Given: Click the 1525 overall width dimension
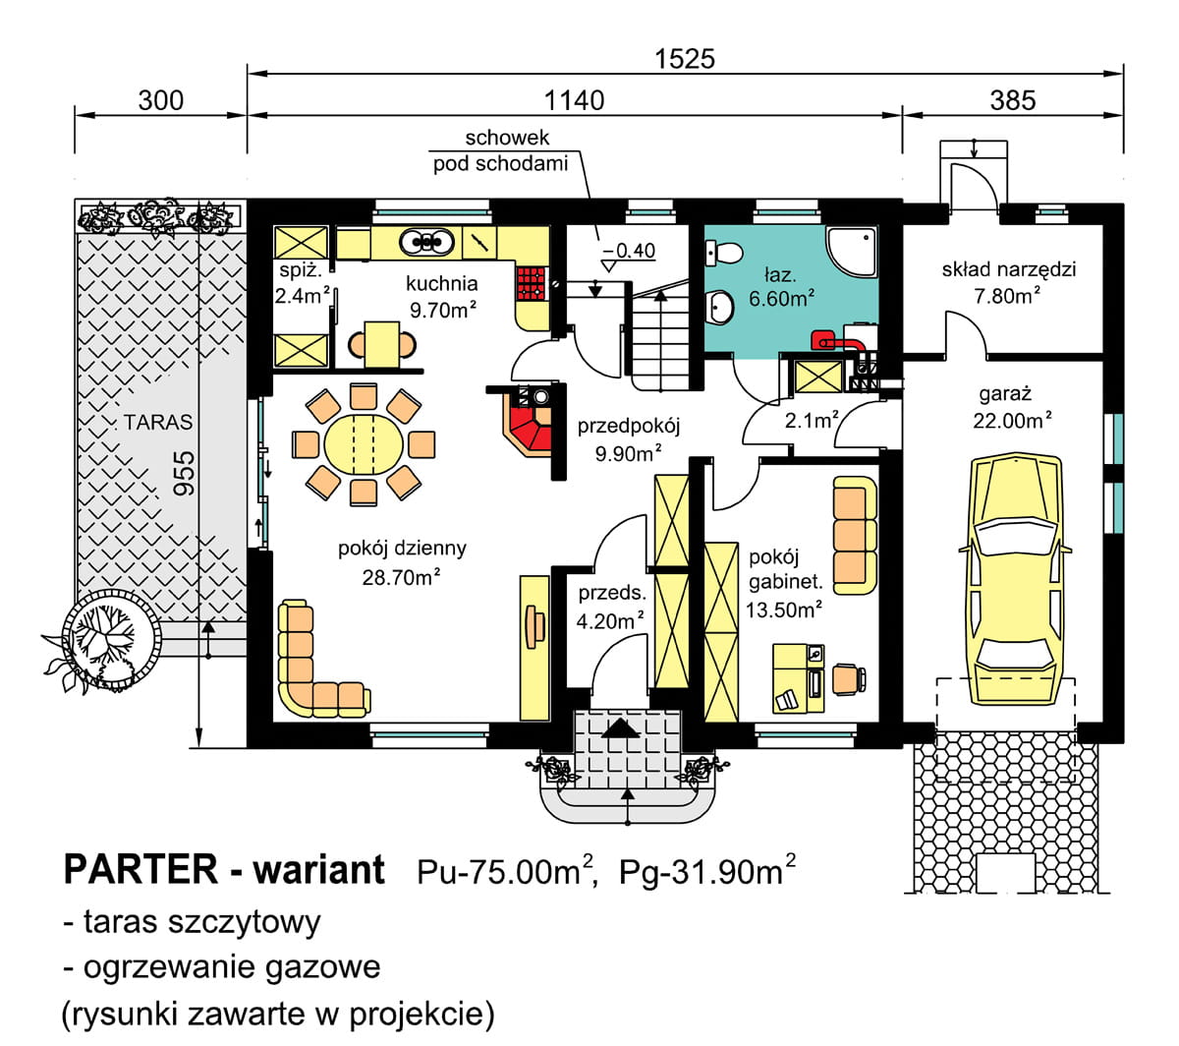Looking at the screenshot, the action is pyautogui.click(x=685, y=59).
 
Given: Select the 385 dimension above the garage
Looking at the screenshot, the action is pyautogui.click(x=1013, y=100).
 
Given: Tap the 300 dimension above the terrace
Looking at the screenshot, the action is pyautogui.click(x=160, y=100).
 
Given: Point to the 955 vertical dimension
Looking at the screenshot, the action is pyautogui.click(x=184, y=473).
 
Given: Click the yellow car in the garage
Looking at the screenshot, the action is pyautogui.click(x=1016, y=578).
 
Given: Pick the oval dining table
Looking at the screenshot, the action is pyautogui.click(x=364, y=445).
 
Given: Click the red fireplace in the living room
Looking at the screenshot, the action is pyautogui.click(x=526, y=421).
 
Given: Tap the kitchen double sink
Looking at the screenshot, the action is pyautogui.click(x=426, y=242).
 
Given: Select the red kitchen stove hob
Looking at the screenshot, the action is pyautogui.click(x=532, y=283).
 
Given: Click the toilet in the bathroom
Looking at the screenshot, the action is pyautogui.click(x=723, y=254).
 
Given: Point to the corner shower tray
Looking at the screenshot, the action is pyautogui.click(x=851, y=252).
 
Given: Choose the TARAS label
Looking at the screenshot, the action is pyautogui.click(x=158, y=422).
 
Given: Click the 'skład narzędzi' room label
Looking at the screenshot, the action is pyautogui.click(x=1008, y=269).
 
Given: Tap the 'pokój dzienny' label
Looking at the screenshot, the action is pyautogui.click(x=402, y=548).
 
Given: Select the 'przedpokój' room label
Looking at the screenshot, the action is pyautogui.click(x=629, y=427).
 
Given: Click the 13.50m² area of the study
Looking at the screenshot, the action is pyautogui.click(x=784, y=610).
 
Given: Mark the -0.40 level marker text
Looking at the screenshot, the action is pyautogui.click(x=629, y=251).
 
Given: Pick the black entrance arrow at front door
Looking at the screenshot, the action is pyautogui.click(x=621, y=728).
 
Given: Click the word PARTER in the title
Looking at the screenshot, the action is pyautogui.click(x=140, y=869).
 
